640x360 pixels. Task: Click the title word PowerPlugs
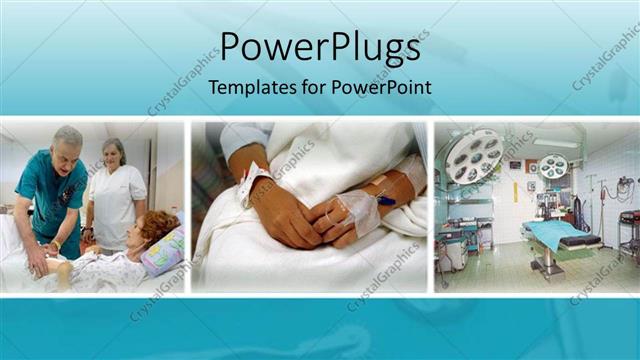point(319,47)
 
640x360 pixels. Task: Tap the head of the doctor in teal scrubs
point(67,144)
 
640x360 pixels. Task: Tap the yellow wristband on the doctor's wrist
point(55,245)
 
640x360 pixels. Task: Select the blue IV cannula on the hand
point(384,200)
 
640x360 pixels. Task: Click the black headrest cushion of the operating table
point(580,241)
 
